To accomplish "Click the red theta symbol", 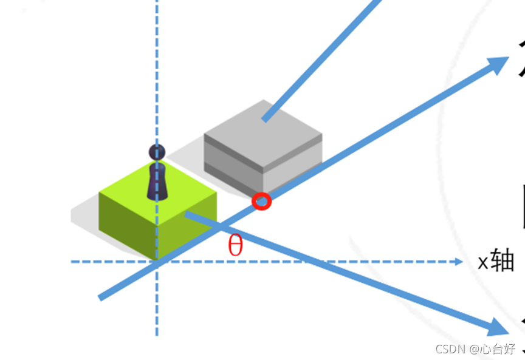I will point(235,246).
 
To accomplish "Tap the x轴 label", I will point(496,261).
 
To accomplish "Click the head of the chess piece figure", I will point(157,152).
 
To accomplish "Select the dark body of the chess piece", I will point(157,182).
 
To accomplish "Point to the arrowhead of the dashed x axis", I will point(459,262).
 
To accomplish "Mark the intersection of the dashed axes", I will point(157,262).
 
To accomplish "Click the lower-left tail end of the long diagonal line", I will point(101,297).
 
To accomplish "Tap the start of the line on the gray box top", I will point(264,120).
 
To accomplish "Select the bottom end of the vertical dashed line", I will point(157,333).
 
